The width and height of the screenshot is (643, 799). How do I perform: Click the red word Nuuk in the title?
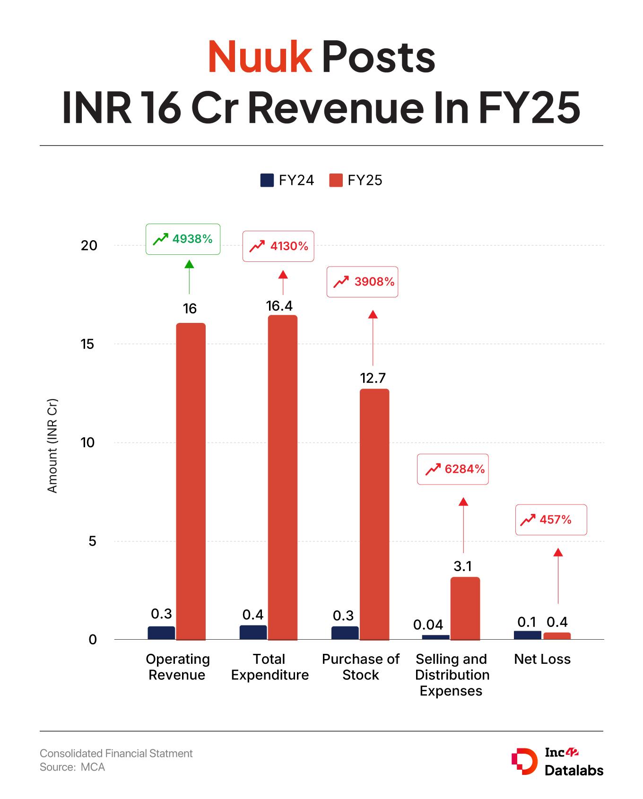tap(260, 57)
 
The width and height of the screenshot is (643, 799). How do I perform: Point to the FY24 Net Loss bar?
tap(527, 635)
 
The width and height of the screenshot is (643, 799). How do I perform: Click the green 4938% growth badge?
tap(182, 239)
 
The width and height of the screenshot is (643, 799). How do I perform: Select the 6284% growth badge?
tap(452, 469)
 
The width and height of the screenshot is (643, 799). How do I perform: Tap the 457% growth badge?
tap(551, 520)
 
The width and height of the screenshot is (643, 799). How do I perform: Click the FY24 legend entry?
tap(287, 180)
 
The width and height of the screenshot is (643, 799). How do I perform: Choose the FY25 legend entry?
tap(356, 180)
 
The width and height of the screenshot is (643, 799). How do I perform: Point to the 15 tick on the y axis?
tap(88, 344)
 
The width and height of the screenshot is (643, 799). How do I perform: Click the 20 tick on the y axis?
tap(89, 245)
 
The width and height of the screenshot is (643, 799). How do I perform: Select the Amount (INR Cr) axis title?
tap(52, 445)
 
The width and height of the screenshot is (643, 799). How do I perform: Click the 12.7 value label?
tap(373, 378)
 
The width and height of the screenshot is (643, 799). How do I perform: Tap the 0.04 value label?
tap(428, 625)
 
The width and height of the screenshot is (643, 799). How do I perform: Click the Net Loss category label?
tap(542, 659)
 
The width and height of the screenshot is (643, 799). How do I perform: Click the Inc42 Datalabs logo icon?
tap(524, 761)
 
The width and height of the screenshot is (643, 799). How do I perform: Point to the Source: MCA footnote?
tap(72, 767)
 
